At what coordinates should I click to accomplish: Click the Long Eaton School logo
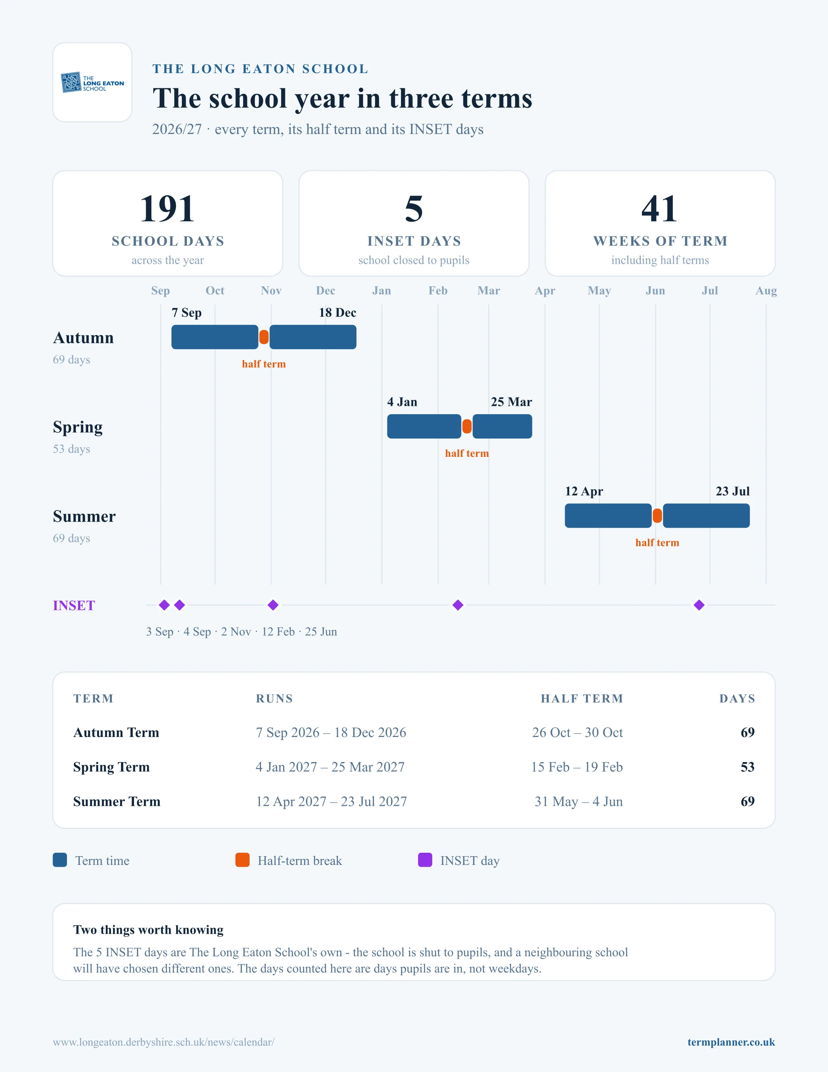[92, 83]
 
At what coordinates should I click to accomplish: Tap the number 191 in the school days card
[167, 209]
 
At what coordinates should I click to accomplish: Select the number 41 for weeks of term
[660, 209]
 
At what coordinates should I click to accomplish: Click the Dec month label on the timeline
[325, 290]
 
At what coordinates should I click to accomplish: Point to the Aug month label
[766, 290]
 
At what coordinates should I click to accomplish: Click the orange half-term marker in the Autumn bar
[264, 337]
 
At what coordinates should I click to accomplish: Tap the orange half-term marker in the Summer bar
[657, 516]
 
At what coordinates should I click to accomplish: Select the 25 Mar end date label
[511, 402]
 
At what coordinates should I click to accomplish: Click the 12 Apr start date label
[584, 491]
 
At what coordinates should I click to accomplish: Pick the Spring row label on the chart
[78, 428]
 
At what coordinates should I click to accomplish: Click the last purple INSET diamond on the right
[699, 605]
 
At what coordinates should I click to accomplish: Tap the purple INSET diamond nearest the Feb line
[458, 605]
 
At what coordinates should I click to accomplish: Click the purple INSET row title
[73, 606]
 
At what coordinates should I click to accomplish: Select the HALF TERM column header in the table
[582, 699]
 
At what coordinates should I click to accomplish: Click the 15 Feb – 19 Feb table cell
[577, 767]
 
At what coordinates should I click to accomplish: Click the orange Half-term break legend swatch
[242, 860]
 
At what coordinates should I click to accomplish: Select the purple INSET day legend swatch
[425, 860]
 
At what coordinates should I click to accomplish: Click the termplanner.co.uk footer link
[731, 1042]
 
